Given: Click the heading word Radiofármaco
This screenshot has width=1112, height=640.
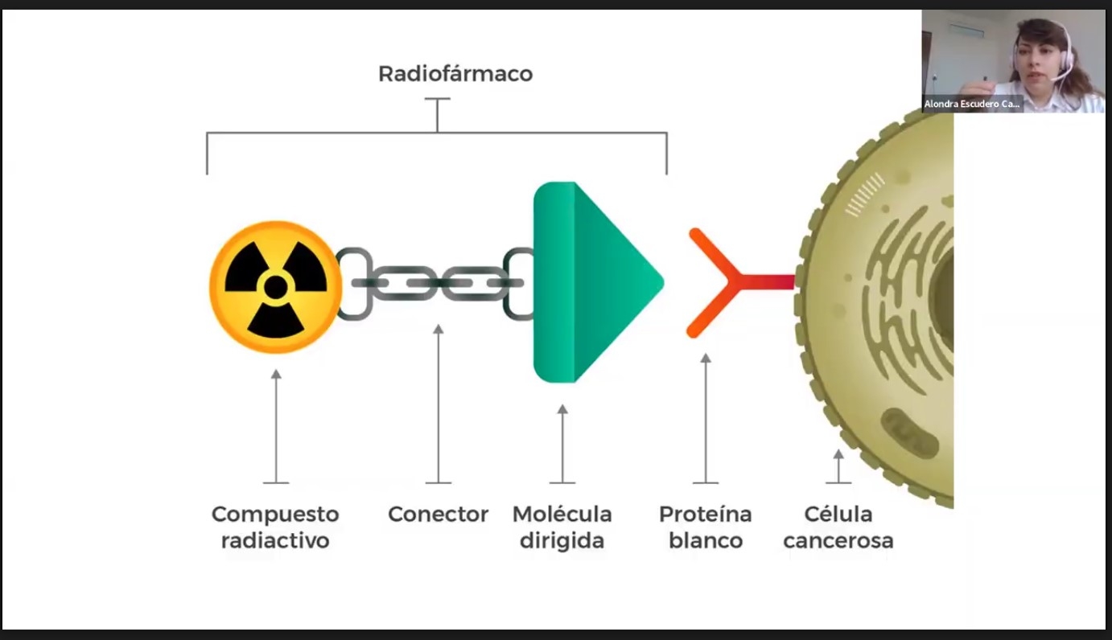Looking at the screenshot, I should tap(455, 74).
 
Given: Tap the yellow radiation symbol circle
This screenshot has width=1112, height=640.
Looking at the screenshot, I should tap(276, 286).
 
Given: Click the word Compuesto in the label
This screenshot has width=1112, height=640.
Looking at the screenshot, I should tap(275, 514).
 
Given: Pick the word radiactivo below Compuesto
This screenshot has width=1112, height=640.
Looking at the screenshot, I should tap(275, 540).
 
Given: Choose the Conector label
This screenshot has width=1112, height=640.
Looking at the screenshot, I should tap(438, 514).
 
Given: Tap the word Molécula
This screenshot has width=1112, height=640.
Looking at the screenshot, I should tap(562, 514).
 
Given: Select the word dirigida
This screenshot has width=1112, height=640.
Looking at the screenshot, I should tap(562, 540).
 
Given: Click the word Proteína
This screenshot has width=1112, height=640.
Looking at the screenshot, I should tap(705, 514).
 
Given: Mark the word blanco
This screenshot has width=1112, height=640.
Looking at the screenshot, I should tap(705, 540).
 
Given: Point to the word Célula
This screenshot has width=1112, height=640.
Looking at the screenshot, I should tap(838, 514).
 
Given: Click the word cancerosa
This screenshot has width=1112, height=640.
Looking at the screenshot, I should tap(838, 540).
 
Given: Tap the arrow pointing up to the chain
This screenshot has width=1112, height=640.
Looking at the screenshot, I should tap(438, 402).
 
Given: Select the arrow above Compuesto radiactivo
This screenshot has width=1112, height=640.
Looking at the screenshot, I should tap(276, 426).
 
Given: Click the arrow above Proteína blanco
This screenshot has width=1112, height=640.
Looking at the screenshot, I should tap(706, 418).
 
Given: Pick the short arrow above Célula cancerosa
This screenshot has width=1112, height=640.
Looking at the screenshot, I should tap(838, 466).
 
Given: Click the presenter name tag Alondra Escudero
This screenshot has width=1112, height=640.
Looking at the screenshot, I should tap(972, 104).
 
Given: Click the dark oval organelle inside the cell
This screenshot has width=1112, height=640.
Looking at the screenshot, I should tap(910, 433).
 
